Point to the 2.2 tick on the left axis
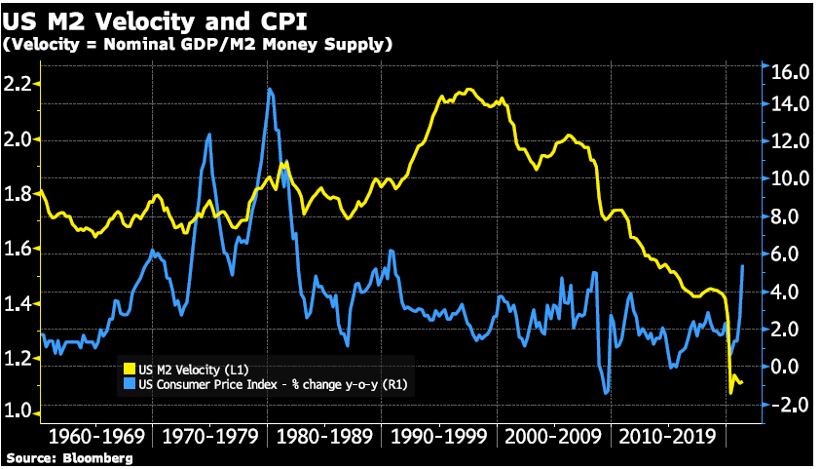point(17,84)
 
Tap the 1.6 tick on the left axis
point(17,249)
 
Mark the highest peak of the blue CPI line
point(269,90)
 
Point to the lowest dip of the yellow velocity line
point(731,392)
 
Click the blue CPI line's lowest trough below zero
point(607,394)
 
